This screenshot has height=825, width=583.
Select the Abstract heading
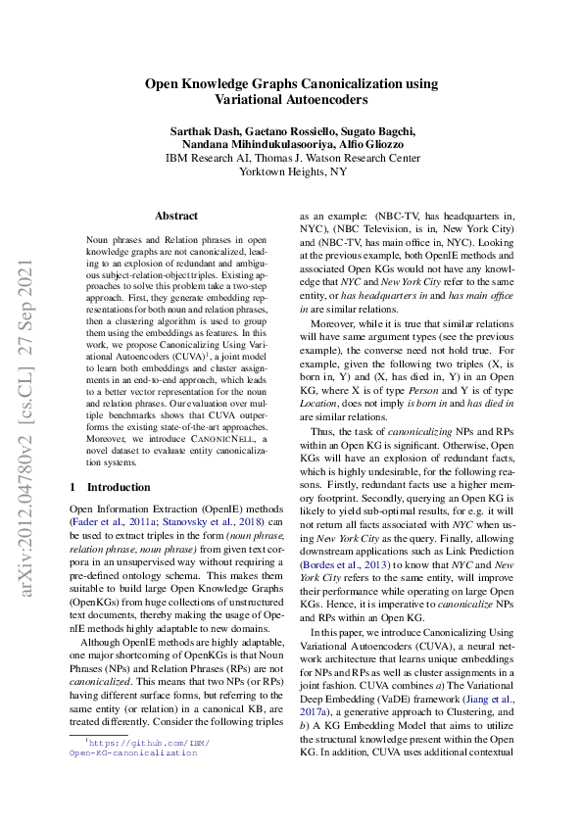click(x=176, y=216)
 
